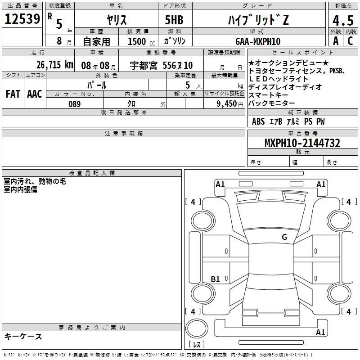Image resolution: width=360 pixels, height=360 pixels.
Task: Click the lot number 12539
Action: (x=22, y=19)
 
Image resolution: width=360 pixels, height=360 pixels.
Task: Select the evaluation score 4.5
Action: (x=343, y=20)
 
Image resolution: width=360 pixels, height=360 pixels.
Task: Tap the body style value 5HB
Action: (x=174, y=20)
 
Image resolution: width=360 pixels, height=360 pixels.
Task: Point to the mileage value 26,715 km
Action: (x=54, y=65)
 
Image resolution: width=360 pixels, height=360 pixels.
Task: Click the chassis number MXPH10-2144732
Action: (x=302, y=143)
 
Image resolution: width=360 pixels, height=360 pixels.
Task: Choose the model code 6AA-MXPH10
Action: (x=258, y=41)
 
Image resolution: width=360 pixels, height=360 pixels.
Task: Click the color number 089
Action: (x=75, y=104)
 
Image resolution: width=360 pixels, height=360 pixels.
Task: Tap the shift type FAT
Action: (x=13, y=94)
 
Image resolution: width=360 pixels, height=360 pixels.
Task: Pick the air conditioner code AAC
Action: (x=35, y=94)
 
